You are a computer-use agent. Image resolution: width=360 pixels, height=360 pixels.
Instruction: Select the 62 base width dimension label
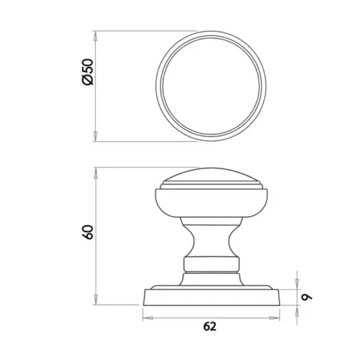[x=210, y=326]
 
